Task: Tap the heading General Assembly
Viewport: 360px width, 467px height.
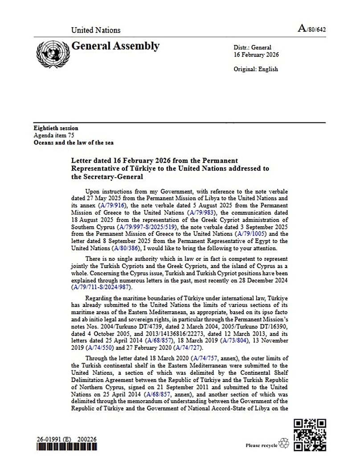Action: point(115,46)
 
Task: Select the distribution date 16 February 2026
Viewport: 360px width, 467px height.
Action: point(256,55)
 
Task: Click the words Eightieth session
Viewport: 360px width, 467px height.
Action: point(56,128)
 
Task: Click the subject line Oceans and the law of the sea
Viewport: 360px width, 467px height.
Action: point(74,142)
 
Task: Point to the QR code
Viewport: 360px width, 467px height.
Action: point(310,435)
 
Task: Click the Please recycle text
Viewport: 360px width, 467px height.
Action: point(262,445)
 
